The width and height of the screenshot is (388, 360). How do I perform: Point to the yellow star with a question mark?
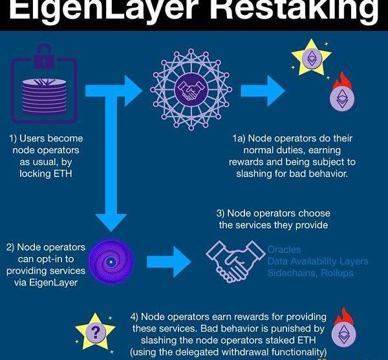[x=96, y=331]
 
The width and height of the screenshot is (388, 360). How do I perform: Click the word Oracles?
[x=285, y=249]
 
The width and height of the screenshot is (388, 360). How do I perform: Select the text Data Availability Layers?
[x=318, y=261]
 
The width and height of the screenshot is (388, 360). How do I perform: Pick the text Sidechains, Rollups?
[x=310, y=273]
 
